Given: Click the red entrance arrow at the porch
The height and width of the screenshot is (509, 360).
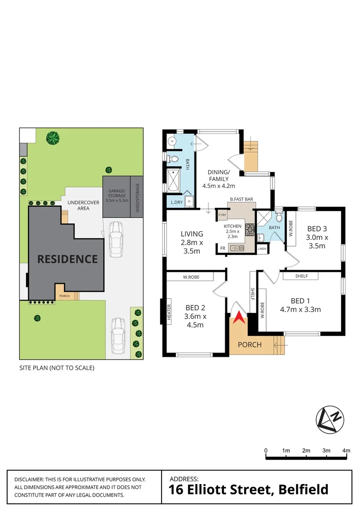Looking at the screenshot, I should click(240, 318).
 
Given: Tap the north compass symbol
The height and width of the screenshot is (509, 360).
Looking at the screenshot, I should click(330, 420).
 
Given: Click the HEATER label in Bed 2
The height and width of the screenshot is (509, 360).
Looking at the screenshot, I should click(169, 312).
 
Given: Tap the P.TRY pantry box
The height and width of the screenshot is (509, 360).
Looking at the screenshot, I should click(221, 215).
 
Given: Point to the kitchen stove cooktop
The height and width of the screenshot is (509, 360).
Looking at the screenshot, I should click(250, 230).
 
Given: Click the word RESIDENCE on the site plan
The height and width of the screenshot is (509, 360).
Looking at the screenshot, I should click(67, 259).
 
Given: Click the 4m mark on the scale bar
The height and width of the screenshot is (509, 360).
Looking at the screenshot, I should click(346, 451).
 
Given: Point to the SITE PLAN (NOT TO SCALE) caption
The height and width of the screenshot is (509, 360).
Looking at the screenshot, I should click(57, 368).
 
